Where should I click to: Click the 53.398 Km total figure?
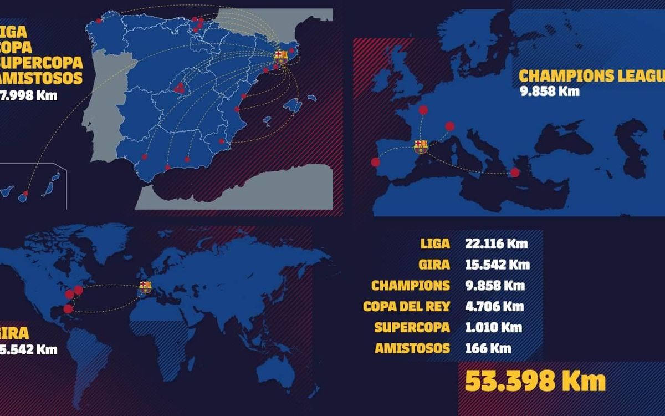pos(535,382)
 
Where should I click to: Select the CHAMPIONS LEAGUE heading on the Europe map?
pos(591,76)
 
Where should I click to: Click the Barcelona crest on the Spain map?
pos(281,57)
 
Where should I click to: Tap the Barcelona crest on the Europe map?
pos(421,146)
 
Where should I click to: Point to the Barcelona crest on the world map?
pos(145,287)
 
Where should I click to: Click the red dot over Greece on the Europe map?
pos(515,173)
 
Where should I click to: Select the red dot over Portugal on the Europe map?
pos(376,162)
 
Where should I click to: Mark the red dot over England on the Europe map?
pos(423,110)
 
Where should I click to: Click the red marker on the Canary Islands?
pos(24,194)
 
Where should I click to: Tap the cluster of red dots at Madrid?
pos(178,88)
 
